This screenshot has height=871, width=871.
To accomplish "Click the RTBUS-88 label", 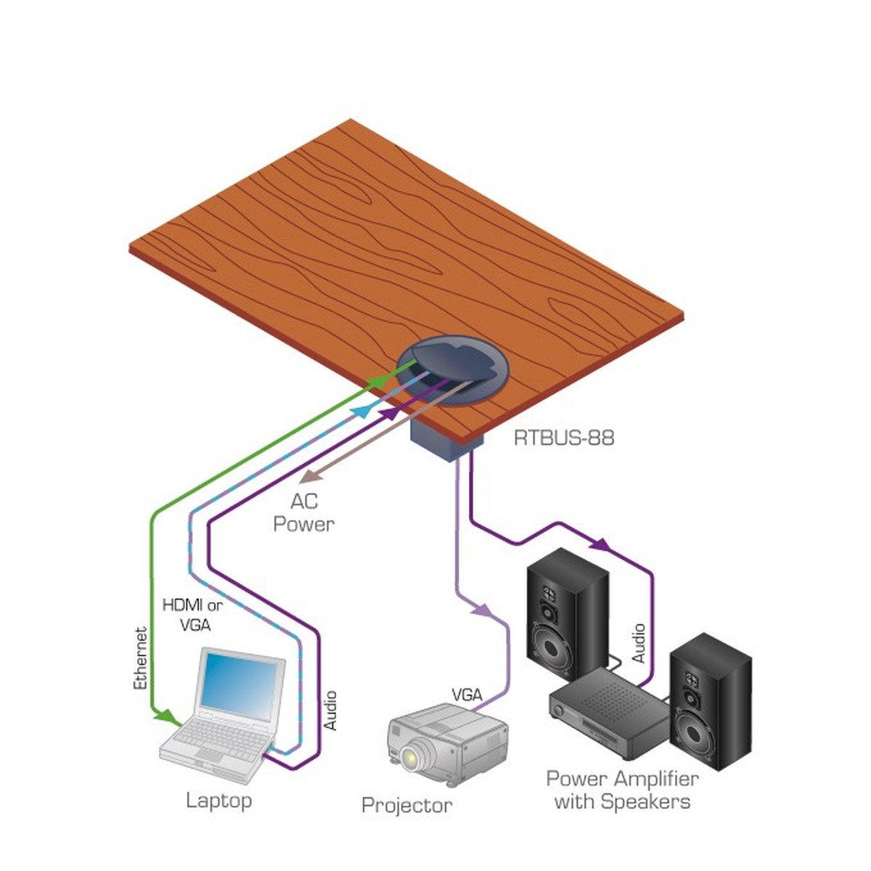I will coord(563,438).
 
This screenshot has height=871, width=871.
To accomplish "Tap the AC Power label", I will coord(303,512).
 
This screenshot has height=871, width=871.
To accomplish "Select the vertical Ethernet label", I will coord(141,658).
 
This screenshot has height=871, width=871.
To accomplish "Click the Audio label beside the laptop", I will coord(330,711).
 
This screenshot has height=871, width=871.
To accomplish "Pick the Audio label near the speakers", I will coord(638,643).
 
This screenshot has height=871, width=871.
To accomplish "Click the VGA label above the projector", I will coord(467,695).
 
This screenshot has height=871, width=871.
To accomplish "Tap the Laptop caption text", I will coord(218,801).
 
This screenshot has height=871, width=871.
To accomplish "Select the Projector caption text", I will coord(406,805).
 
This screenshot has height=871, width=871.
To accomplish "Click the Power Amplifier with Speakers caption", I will coord(622,790).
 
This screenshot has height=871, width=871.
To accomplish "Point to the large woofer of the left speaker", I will coord(557,648).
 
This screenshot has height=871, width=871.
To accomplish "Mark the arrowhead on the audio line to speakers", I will coord(600,544).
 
